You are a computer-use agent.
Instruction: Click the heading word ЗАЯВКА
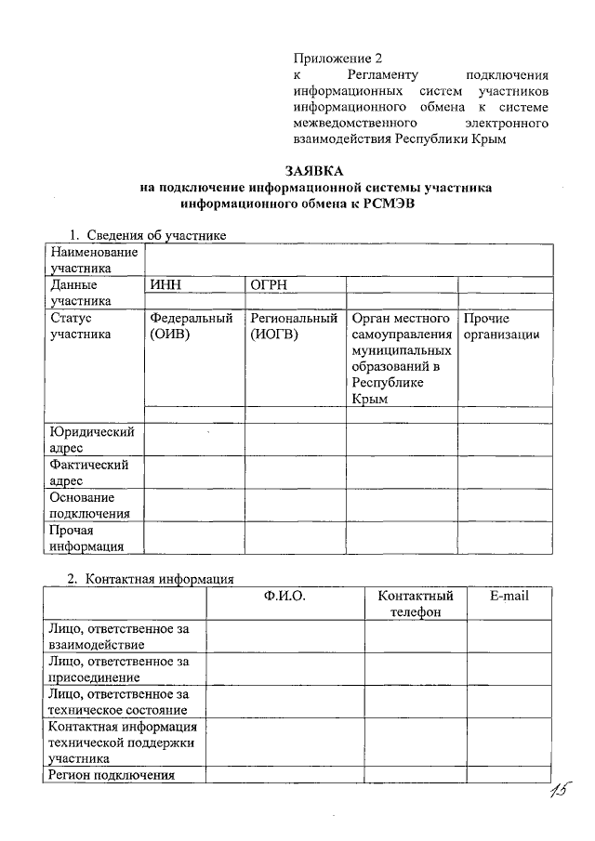314,171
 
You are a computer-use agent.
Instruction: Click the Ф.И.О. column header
284,596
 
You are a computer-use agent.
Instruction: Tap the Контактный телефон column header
416,604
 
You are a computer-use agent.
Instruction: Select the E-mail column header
509,596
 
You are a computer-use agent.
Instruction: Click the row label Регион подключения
112,776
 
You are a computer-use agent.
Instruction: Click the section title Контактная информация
158,579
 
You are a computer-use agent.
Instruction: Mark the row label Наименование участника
94,260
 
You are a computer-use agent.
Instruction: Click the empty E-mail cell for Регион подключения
509,776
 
